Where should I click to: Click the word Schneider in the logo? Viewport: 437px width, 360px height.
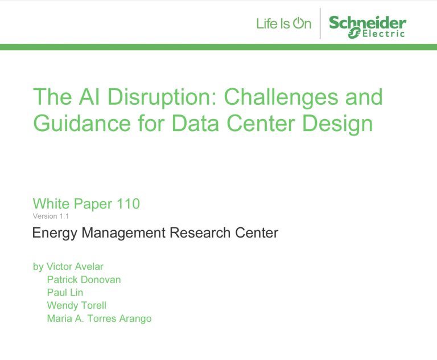[x=368, y=23]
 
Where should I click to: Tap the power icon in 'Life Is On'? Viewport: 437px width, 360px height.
[x=298, y=23]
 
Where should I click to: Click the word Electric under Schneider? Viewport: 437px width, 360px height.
[x=384, y=34]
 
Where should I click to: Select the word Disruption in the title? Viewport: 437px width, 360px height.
[x=162, y=97]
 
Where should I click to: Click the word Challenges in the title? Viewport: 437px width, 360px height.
[x=281, y=97]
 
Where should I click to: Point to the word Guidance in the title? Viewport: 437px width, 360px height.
[x=82, y=123]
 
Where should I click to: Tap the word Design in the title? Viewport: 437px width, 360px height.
[x=337, y=124]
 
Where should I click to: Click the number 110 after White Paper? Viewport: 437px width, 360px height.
[x=128, y=203]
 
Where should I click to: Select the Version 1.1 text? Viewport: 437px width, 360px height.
[x=51, y=216]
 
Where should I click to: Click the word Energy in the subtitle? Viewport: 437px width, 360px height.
[x=55, y=234]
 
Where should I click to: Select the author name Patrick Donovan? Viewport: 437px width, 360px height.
[x=84, y=280]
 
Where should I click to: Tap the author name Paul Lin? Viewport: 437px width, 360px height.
[x=65, y=292]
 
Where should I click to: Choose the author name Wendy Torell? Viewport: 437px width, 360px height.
[x=77, y=305]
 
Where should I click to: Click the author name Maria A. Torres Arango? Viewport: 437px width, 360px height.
[x=99, y=318]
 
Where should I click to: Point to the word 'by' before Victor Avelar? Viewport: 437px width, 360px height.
[x=38, y=267]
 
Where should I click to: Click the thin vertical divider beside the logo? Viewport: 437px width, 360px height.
[x=320, y=23]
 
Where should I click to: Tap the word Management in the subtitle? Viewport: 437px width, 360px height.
[x=123, y=234]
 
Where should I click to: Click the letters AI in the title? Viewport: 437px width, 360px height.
[x=89, y=97]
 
